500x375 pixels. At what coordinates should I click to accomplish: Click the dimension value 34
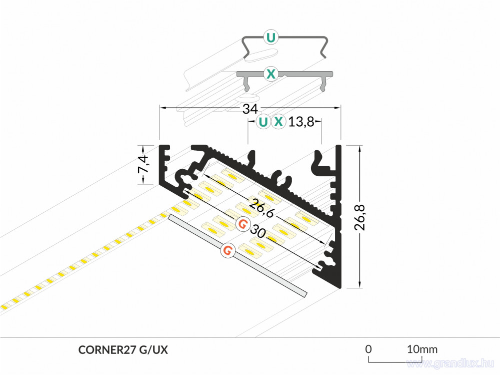250,109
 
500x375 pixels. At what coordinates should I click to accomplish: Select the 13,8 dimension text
301,122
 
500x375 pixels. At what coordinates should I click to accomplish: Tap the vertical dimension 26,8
360,217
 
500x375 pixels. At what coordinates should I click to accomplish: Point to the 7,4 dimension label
143,164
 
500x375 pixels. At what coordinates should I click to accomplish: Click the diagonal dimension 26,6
261,208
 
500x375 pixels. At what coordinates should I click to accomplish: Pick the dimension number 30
257,231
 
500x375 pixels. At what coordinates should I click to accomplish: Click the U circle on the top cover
270,38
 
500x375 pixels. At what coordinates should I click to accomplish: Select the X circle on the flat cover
270,74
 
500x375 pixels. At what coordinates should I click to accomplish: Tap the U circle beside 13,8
263,122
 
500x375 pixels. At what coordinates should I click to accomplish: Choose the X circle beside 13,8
278,122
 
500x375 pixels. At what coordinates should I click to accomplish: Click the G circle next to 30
242,224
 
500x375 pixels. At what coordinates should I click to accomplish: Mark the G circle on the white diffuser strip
227,250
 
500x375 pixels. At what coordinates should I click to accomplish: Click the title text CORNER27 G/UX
123,350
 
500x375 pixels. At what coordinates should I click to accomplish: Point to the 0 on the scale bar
368,349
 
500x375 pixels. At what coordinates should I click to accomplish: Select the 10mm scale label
422,349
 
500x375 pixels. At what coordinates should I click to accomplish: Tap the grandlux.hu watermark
450,363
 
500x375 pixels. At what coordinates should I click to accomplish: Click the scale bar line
395,362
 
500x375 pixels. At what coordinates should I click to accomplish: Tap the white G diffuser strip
237,256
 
